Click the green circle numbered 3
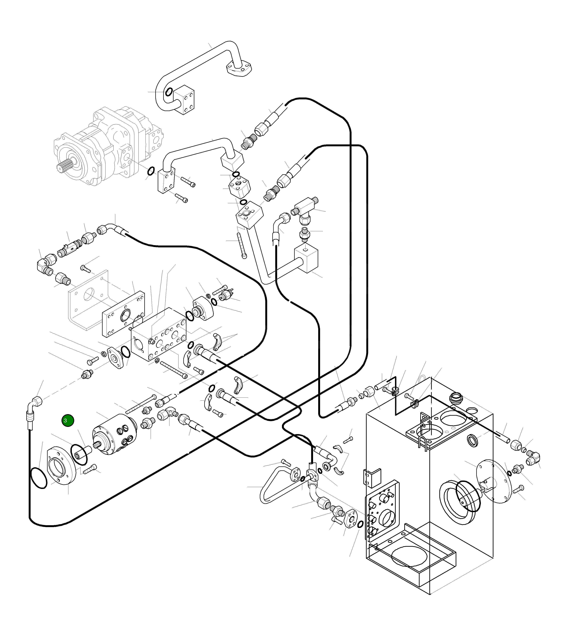[x=68, y=421]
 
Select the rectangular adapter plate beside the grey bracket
[x=123, y=314]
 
